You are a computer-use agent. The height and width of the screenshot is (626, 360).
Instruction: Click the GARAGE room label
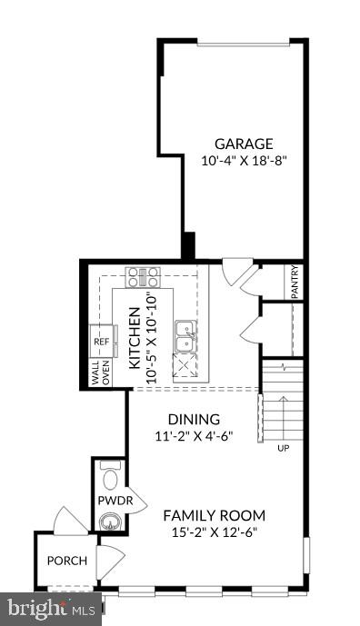coord(244,143)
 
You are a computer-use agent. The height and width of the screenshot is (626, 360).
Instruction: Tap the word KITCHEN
coord(134,337)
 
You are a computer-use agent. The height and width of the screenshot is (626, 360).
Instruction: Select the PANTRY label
coord(295,282)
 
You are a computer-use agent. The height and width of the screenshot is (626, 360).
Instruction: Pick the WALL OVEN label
coord(100,375)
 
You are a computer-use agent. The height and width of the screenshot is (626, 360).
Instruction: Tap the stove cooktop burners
coord(143,276)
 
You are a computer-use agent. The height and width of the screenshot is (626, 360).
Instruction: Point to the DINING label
coord(193,420)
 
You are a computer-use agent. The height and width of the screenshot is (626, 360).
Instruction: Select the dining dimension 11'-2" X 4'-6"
coord(193,436)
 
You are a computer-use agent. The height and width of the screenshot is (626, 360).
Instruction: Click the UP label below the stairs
coord(285,449)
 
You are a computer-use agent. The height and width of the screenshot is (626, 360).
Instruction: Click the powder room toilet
coord(110,477)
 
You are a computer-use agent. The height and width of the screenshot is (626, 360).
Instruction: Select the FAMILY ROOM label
coord(215,516)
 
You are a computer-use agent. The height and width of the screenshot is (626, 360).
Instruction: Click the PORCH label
coord(67,561)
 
